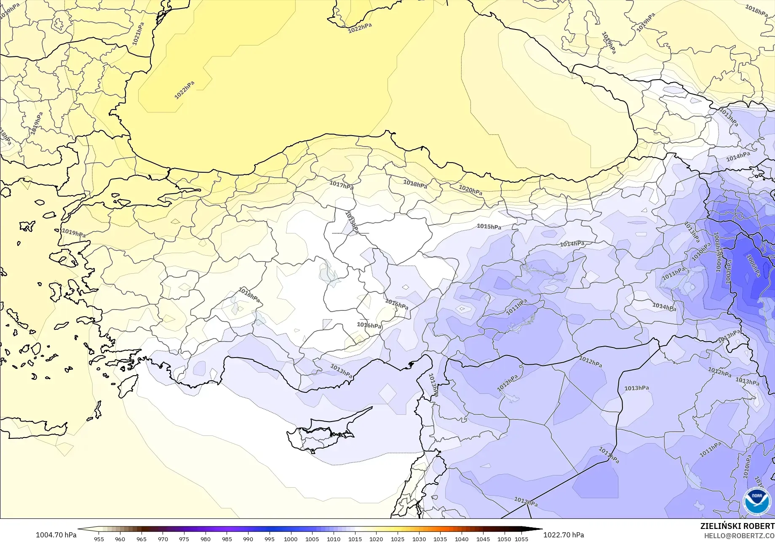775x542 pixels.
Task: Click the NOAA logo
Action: [x=757, y=501]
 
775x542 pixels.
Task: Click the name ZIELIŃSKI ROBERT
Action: [x=737, y=526]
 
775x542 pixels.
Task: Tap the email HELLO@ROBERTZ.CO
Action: [x=740, y=535]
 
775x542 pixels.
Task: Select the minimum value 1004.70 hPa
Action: [x=56, y=535]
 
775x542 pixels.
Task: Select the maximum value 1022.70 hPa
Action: [x=563, y=535]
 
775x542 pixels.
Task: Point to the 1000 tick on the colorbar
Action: [x=291, y=539]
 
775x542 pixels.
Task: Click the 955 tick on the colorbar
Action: [x=99, y=539]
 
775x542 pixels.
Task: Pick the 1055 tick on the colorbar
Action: [x=521, y=539]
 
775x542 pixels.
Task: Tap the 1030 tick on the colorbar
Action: [x=419, y=539]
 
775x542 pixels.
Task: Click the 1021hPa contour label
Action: [x=138, y=34]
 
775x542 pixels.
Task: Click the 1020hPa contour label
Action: [x=470, y=190]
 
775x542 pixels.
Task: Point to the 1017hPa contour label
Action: [x=341, y=185]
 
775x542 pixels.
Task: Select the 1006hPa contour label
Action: [x=753, y=266]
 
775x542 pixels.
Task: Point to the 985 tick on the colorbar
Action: [x=227, y=539]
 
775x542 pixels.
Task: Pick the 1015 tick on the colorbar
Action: [x=355, y=539]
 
